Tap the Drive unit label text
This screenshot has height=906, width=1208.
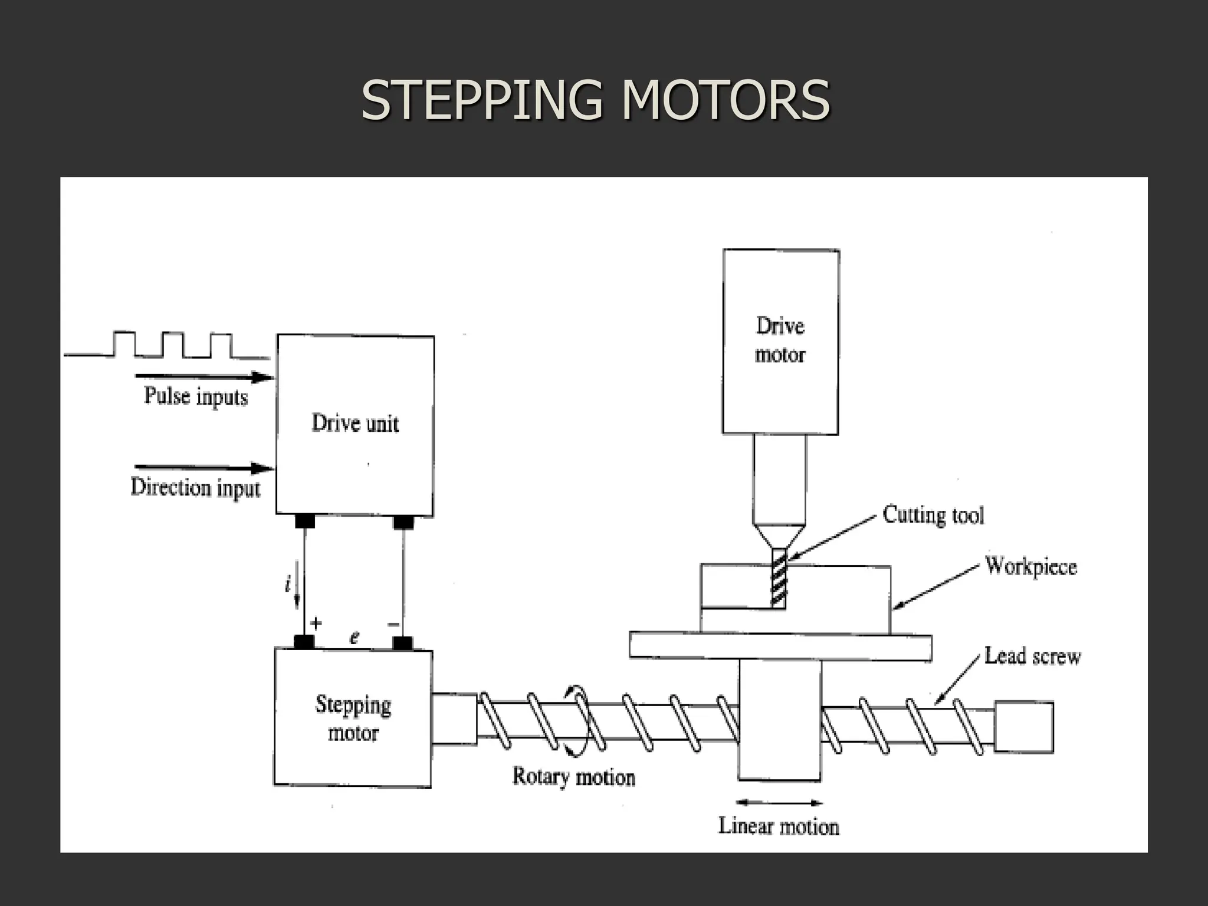[x=355, y=424]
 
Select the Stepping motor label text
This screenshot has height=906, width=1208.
[x=353, y=718]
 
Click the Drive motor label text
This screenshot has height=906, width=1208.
[x=780, y=340]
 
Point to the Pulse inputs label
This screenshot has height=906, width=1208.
[x=196, y=396]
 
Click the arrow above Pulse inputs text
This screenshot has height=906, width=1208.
[x=204, y=377]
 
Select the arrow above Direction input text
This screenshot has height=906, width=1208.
[x=204, y=468]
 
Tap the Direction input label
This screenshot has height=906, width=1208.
[x=195, y=488]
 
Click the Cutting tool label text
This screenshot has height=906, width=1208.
[x=933, y=516]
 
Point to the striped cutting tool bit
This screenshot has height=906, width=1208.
[x=779, y=578]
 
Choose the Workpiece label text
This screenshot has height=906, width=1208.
[x=1031, y=567]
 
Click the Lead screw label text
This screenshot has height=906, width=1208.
[x=1032, y=656]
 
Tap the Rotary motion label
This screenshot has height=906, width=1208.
[x=573, y=777]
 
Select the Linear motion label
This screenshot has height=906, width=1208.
[x=779, y=826]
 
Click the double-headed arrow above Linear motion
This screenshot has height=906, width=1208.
[x=779, y=802]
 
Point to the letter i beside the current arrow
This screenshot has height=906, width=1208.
[x=287, y=585]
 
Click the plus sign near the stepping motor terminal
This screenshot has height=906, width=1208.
[x=316, y=623]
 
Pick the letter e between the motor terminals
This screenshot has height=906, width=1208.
[x=354, y=638]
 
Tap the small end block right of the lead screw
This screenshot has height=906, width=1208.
[x=1024, y=727]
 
